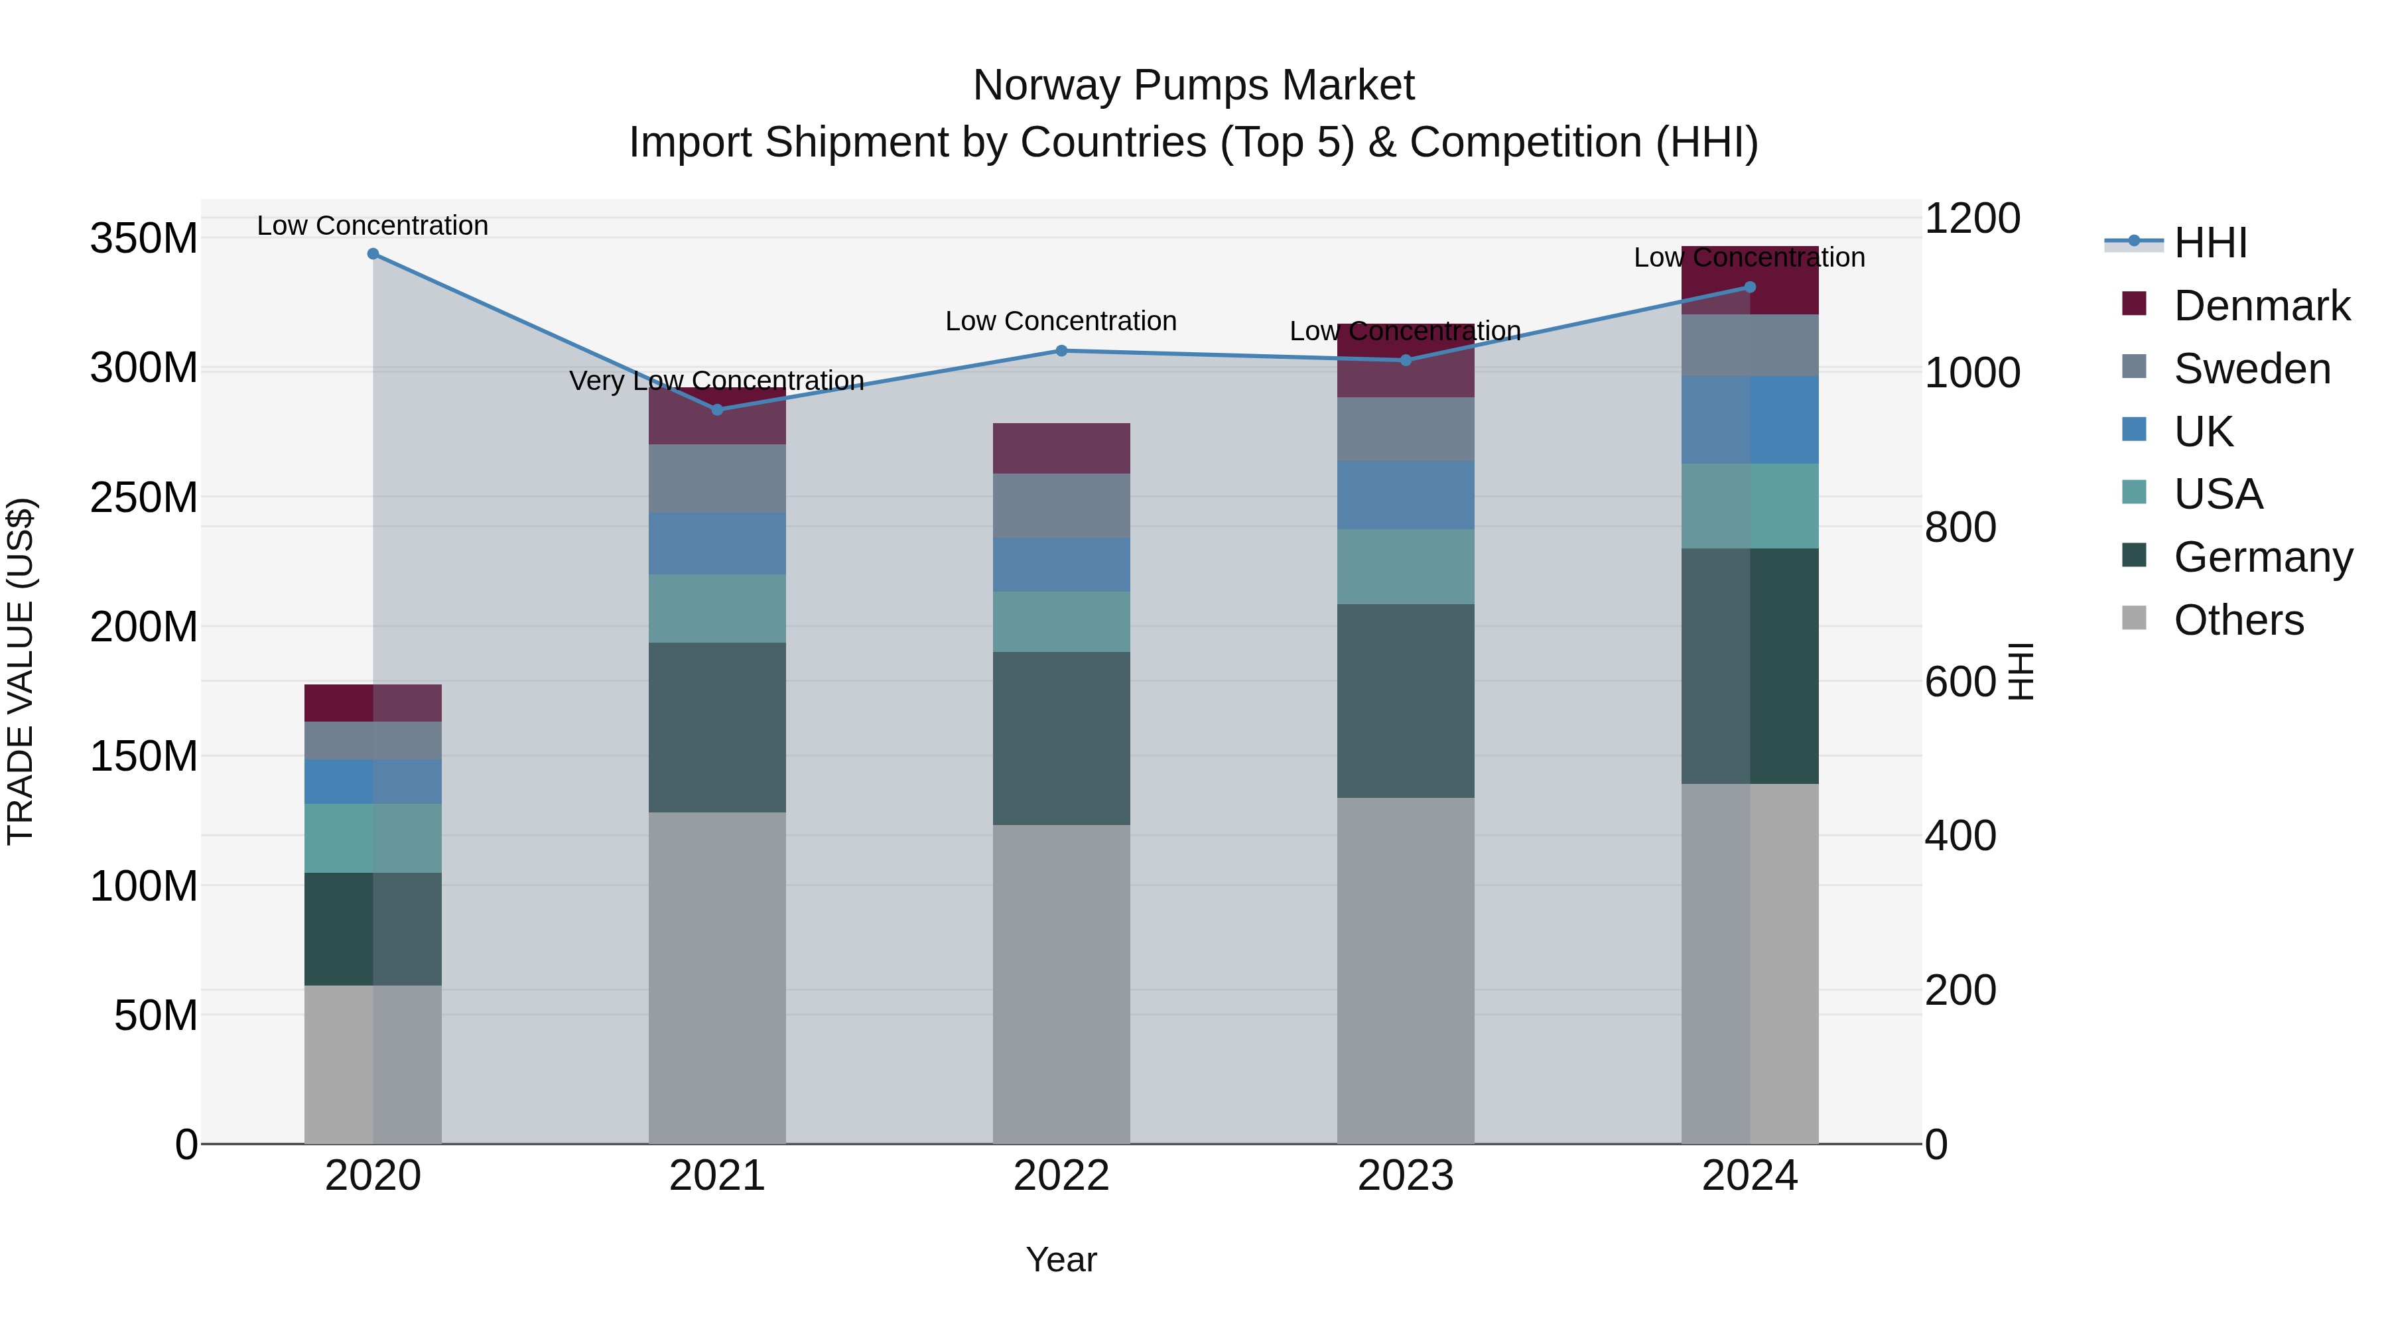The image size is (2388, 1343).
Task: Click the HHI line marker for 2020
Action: [373, 254]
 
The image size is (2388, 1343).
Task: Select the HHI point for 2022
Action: [1061, 350]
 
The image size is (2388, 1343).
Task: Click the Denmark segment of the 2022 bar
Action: [1061, 448]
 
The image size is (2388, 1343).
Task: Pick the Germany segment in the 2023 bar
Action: [1406, 701]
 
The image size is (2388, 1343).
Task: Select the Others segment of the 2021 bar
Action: [716, 978]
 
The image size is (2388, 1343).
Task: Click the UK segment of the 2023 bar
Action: [1406, 495]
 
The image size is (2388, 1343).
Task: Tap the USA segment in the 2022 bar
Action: [1061, 622]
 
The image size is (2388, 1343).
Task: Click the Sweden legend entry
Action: [2251, 369]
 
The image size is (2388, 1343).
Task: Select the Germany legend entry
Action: [2262, 557]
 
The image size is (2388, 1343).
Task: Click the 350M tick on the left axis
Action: [144, 239]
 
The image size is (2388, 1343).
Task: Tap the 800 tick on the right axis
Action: [1959, 527]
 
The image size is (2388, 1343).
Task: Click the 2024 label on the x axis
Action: [1749, 1176]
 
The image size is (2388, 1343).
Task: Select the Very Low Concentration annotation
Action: [716, 381]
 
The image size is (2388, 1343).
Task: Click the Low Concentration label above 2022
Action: [1061, 322]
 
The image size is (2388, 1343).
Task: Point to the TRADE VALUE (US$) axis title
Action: [21, 671]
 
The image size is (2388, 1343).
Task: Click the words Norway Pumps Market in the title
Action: [1193, 86]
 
